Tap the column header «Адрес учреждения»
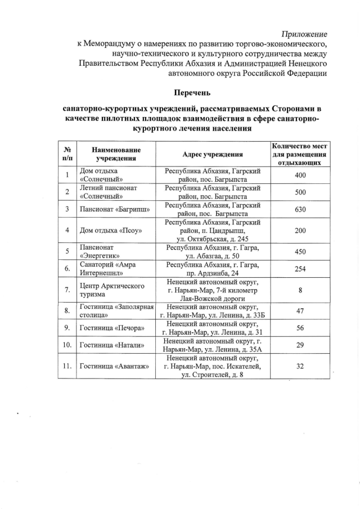pos(213,154)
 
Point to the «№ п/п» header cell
pos(67,154)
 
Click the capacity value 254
pos(300,269)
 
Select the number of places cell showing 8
pos(300,289)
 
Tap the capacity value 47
pos(300,310)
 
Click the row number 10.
pos(67,344)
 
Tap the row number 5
pos(67,251)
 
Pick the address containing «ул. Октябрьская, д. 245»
pos(212,231)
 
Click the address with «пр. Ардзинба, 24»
pos(212,269)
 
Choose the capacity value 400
pos(300,175)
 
